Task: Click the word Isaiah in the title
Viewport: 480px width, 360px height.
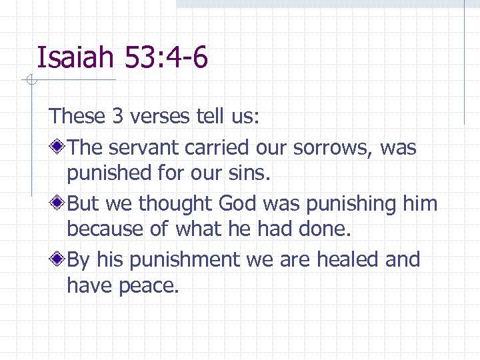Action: point(75,57)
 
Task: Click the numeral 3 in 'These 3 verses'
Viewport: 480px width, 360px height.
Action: point(117,117)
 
